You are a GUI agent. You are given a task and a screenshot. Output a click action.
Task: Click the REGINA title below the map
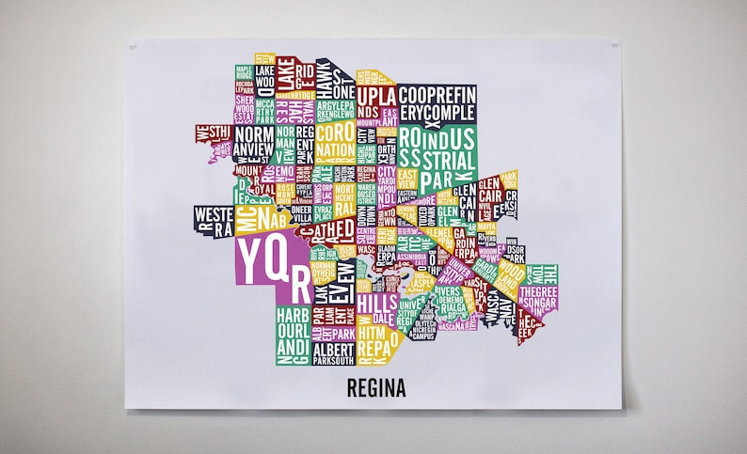375,387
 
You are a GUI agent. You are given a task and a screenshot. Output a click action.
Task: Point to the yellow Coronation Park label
335,141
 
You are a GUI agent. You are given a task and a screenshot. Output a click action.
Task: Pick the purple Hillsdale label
378,306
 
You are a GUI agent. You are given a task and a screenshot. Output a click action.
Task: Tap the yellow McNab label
260,216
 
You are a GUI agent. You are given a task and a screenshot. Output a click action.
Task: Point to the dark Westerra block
213,219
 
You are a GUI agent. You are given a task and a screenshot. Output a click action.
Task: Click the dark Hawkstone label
325,78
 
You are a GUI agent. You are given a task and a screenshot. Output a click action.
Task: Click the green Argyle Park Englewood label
336,112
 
